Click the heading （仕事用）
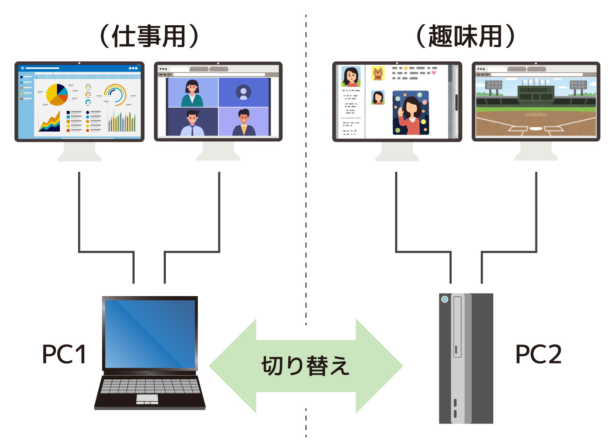coord(149,36)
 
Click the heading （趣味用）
coord(465,36)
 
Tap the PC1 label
coord(64,354)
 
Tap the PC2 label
coord(538,354)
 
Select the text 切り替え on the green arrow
coord(306,366)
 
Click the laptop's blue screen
coord(150,334)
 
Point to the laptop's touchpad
coord(147,398)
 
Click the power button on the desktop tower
coord(444,299)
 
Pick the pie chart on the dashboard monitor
coord(57,95)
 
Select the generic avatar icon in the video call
coord(243,92)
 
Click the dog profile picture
coord(378,73)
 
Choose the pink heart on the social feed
coord(434,73)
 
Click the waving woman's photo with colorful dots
coord(411,113)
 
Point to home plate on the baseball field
coord(535,128)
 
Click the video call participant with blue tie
coord(192,122)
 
